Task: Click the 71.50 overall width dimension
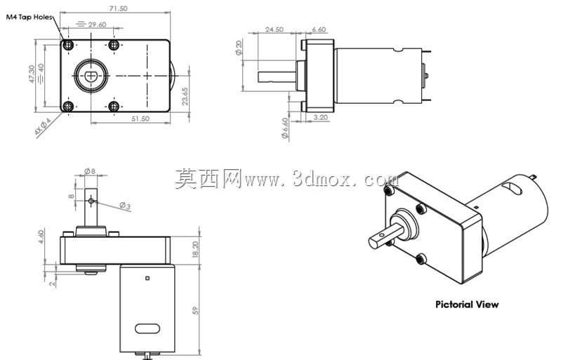click(x=119, y=8)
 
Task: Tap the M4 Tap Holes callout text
click(x=29, y=17)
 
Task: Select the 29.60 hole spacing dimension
click(x=97, y=25)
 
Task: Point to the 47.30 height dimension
click(x=32, y=74)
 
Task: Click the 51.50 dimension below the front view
click(x=140, y=119)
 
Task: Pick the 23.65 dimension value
click(x=185, y=96)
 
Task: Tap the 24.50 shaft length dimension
click(x=275, y=29)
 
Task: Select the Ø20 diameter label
click(x=239, y=48)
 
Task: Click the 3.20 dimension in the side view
click(x=321, y=117)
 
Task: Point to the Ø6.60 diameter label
click(x=285, y=128)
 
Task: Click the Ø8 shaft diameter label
click(x=90, y=171)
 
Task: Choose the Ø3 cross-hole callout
click(x=125, y=206)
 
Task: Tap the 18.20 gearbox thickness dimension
click(x=195, y=249)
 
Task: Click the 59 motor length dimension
click(x=195, y=310)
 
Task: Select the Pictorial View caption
click(x=467, y=305)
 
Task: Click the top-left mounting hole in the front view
click(x=68, y=45)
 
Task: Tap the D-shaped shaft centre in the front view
click(x=91, y=76)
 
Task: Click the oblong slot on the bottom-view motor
click(x=147, y=328)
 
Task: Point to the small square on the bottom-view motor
click(x=147, y=279)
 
